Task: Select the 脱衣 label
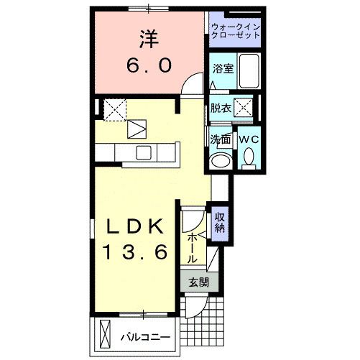point(221,109)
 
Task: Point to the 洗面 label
point(220,139)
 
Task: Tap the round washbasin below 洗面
point(221,159)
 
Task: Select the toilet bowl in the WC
point(249,157)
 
